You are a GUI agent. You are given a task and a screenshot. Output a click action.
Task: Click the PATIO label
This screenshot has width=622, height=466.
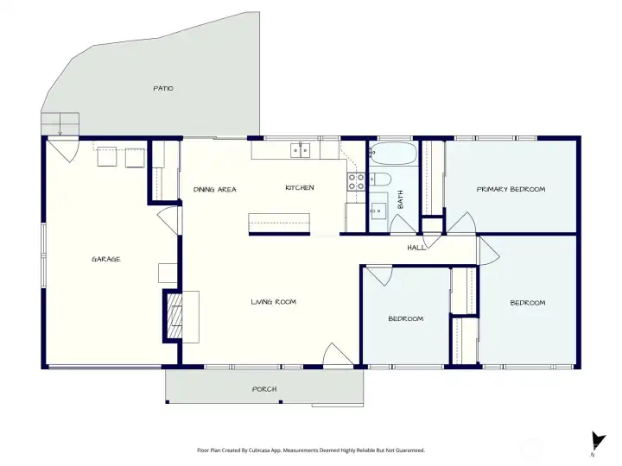click(163, 88)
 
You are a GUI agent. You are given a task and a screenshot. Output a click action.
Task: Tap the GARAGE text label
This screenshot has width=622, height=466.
click(106, 259)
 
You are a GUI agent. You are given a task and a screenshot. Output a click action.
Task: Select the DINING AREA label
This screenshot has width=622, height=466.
click(215, 189)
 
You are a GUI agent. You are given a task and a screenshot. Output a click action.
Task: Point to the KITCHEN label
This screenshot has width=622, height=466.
click(300, 187)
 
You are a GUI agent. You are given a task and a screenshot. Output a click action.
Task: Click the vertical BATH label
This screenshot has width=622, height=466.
click(400, 200)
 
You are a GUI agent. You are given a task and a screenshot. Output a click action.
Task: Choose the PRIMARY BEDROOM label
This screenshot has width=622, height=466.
click(511, 188)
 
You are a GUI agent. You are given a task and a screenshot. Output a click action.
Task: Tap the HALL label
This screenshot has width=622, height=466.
click(416, 248)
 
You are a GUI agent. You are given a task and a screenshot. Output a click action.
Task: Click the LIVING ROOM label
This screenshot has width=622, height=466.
click(274, 302)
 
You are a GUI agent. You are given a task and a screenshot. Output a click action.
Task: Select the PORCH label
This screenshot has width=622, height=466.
click(264, 389)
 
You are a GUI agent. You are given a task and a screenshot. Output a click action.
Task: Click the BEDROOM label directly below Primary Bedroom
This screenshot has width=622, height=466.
click(527, 302)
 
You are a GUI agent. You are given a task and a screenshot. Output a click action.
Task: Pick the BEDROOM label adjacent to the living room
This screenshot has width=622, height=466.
click(405, 318)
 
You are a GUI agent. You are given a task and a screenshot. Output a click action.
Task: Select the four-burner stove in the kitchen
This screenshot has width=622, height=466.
click(356, 182)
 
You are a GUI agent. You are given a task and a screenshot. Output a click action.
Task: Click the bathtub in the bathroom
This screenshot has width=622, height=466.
click(393, 155)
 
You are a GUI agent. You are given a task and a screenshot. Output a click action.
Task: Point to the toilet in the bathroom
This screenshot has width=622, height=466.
click(380, 180)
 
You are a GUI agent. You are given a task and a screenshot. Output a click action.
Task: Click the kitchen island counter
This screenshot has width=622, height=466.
click(281, 224)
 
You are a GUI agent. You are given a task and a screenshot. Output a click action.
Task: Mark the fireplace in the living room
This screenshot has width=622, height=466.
click(175, 317)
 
